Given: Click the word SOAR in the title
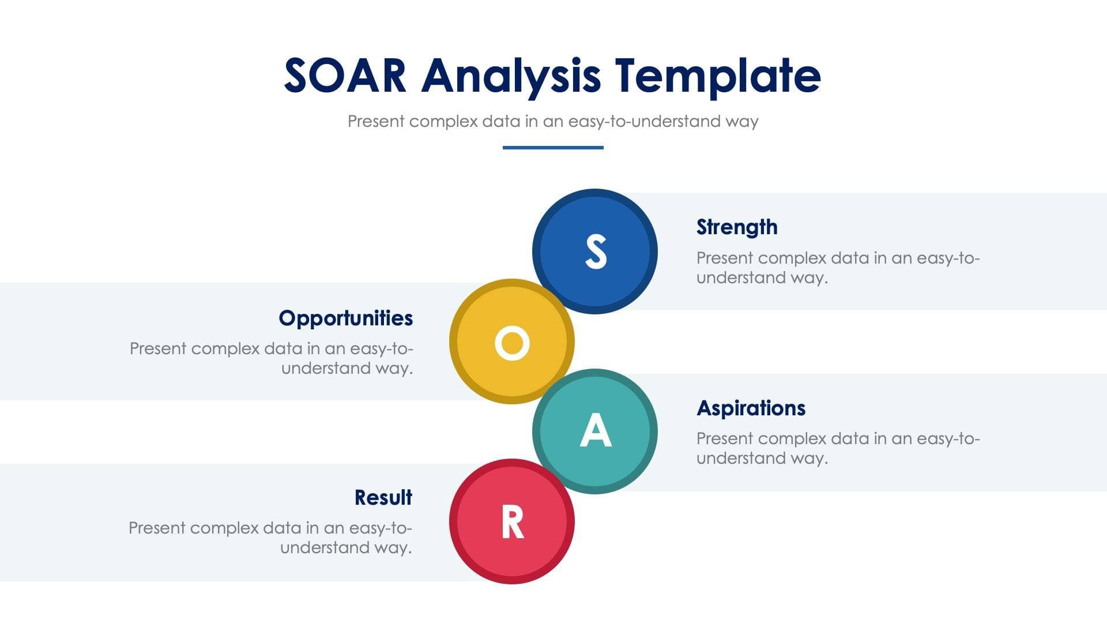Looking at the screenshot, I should tap(345, 76).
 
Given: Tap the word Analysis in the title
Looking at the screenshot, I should tap(511, 77).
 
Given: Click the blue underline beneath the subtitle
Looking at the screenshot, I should tap(553, 148).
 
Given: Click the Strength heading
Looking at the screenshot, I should tap(737, 227).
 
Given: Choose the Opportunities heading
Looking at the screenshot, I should tap(346, 318).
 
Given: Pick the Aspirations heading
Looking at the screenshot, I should tap(751, 408).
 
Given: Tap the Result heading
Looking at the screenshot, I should tap(383, 498).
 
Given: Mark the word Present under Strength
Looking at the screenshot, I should tap(725, 258).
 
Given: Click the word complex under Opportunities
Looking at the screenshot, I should tap(225, 349).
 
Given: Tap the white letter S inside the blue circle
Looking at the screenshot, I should tap(596, 252).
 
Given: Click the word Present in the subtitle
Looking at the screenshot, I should tap(376, 122).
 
